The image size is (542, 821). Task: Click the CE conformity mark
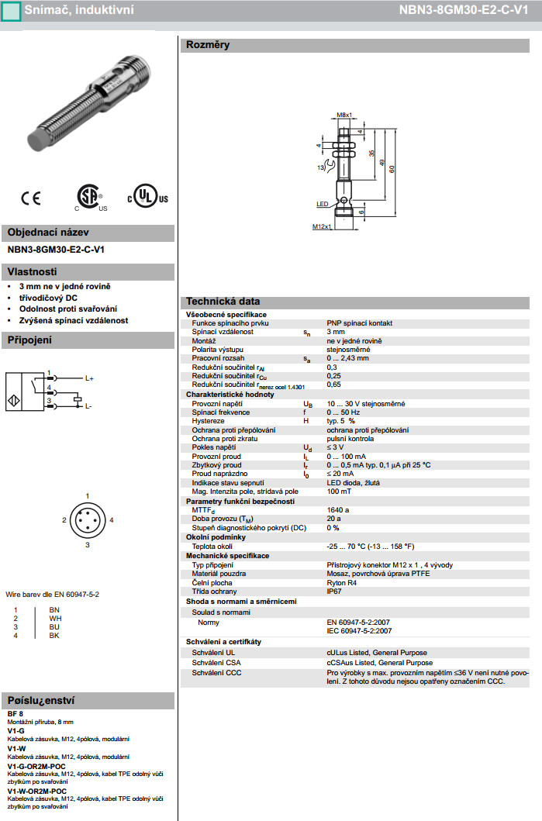point(31,198)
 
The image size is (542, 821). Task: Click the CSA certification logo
point(90,198)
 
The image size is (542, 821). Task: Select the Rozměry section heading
point(207,45)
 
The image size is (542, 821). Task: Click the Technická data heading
point(222,302)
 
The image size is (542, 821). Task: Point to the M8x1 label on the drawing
point(345,114)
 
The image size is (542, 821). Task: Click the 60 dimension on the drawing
point(392,169)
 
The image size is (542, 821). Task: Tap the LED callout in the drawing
point(323,204)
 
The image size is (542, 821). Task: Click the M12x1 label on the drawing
point(322,226)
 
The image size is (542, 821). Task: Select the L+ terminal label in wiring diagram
point(89,378)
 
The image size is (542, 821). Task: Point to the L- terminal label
point(88,405)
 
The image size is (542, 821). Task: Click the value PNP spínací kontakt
point(360,322)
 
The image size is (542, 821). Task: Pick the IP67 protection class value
point(334,592)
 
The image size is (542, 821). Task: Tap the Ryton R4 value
point(342,582)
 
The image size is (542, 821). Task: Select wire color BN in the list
point(54,611)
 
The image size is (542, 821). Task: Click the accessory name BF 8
point(16,713)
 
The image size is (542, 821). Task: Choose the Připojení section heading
point(29,340)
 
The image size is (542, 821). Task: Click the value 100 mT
point(339,492)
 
